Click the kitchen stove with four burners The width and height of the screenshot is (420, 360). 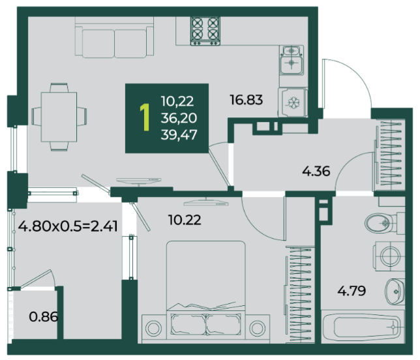click(205, 31)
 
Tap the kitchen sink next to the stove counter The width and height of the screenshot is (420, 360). click(292, 60)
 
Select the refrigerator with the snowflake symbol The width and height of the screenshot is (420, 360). click(293, 102)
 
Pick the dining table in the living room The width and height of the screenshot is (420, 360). click(59, 117)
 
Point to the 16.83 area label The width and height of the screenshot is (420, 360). click(246, 100)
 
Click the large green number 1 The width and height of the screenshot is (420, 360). click(145, 117)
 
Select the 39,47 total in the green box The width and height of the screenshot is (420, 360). click(179, 134)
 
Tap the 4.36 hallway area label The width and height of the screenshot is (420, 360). click(316, 171)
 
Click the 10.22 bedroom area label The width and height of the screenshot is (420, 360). click(185, 220)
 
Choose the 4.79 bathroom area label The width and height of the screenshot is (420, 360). click(352, 291)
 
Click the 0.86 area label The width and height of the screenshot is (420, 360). click(43, 317)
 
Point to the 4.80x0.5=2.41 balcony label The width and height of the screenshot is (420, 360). click(68, 226)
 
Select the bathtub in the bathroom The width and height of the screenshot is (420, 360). click(363, 327)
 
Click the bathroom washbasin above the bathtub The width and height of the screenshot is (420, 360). click(395, 291)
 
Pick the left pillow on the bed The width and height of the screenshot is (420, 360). click(188, 324)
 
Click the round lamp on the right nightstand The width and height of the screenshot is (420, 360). click(258, 329)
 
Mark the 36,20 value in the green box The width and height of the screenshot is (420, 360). click(179, 118)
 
